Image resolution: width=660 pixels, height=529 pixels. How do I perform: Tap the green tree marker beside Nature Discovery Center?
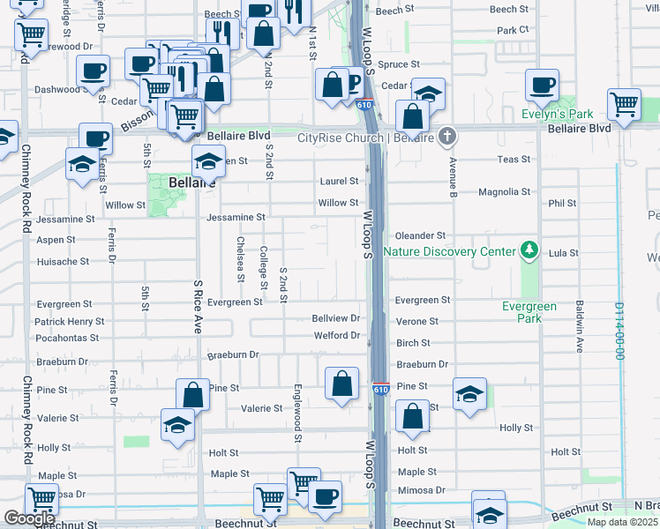point(529,250)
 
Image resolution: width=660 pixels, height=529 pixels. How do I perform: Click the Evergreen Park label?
point(529,312)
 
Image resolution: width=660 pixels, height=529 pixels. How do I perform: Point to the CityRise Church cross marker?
point(448,137)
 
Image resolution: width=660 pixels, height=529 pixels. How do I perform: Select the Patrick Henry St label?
point(70,322)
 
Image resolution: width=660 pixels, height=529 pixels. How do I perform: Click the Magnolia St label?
point(504,191)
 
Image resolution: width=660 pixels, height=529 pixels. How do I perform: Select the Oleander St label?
point(421,235)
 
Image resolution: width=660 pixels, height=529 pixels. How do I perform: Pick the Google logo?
point(29,518)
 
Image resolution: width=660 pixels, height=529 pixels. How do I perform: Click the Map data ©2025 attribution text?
point(622,522)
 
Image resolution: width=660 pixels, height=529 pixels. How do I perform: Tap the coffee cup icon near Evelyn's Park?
point(542,86)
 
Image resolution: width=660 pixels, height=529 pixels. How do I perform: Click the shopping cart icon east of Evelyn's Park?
point(624,103)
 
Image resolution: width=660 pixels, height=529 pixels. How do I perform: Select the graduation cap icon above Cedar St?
point(428,95)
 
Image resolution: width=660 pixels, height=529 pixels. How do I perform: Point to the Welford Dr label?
point(337,336)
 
